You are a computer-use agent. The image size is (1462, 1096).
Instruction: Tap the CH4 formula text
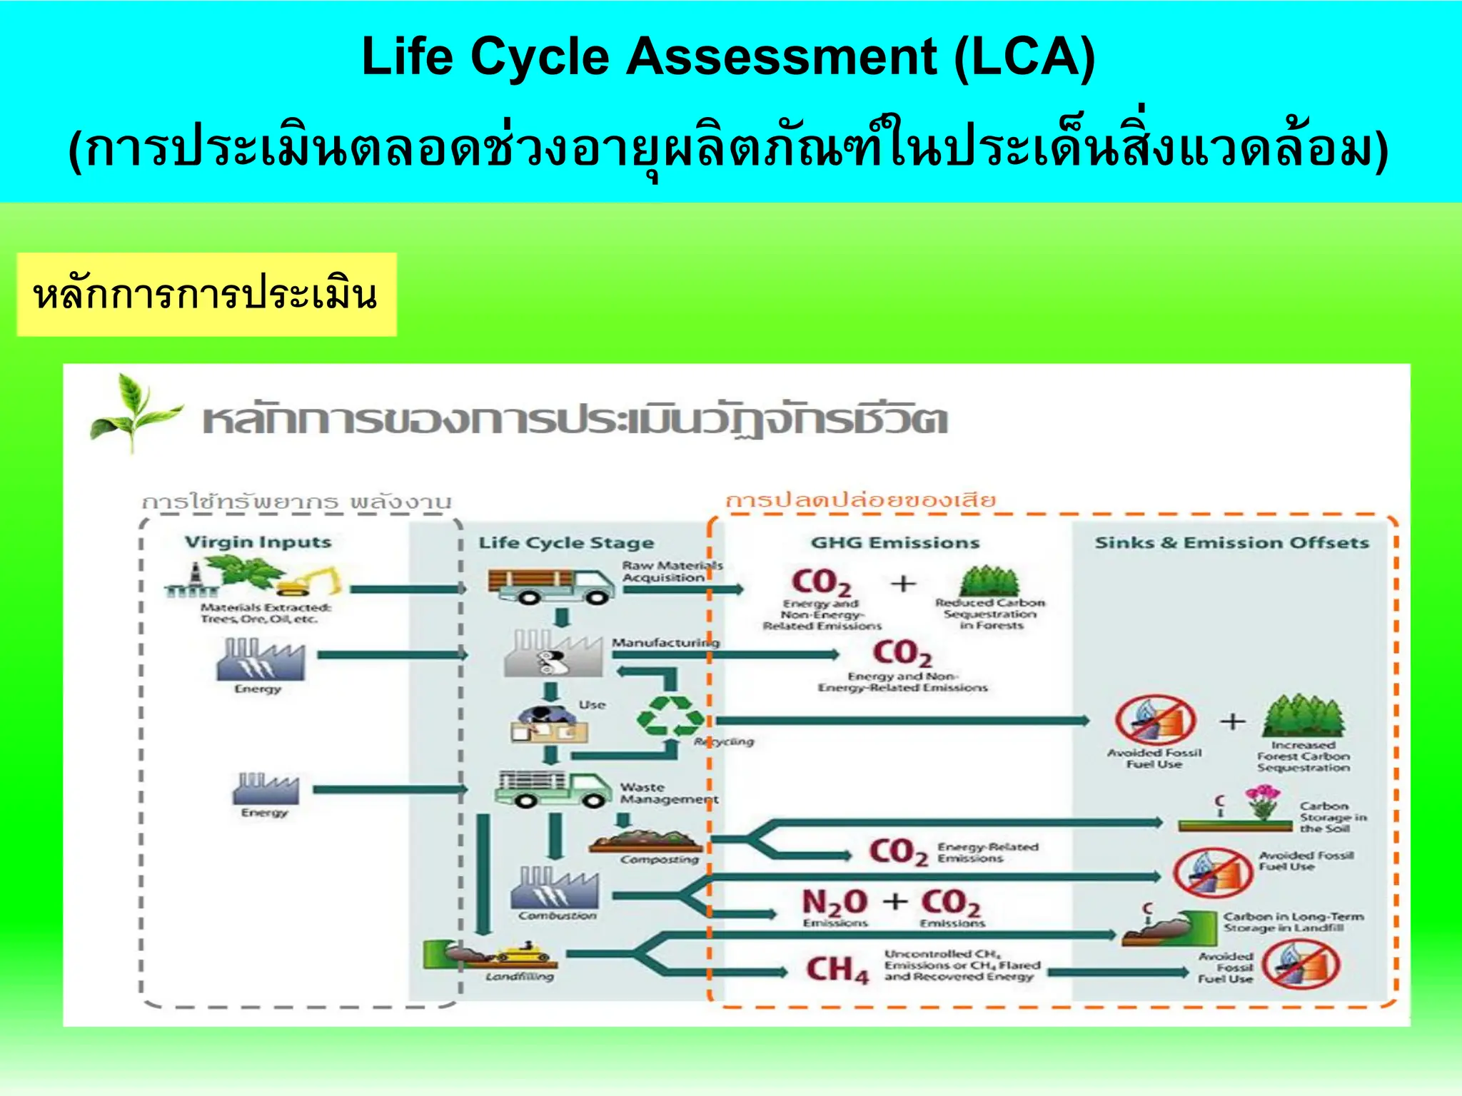pos(837,970)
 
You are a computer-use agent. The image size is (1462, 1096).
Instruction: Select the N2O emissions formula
pos(834,902)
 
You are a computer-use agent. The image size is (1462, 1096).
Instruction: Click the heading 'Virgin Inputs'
pos(258,542)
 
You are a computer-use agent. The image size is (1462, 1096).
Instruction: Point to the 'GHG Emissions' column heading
pos(894,543)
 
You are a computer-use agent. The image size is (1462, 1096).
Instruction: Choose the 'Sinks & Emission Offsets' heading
pos(1231,543)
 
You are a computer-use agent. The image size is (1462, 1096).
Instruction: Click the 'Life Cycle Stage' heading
pos(565,543)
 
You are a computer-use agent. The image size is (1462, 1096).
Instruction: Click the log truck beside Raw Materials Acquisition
pos(550,586)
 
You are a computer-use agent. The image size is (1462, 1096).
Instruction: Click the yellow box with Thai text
pos(206,295)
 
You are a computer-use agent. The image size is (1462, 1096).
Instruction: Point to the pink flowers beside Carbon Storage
pos(1262,801)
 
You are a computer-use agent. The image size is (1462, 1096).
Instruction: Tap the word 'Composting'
pos(659,860)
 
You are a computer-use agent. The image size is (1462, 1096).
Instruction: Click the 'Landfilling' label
pos(519,977)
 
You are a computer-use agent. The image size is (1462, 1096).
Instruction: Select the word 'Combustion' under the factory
pos(557,915)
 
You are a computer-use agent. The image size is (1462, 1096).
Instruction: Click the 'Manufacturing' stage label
pos(665,643)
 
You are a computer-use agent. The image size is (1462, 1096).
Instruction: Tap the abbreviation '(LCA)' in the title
pos(1024,56)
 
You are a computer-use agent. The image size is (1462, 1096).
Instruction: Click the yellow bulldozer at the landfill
pos(520,953)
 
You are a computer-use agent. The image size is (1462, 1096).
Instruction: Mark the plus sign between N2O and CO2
pos(894,901)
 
